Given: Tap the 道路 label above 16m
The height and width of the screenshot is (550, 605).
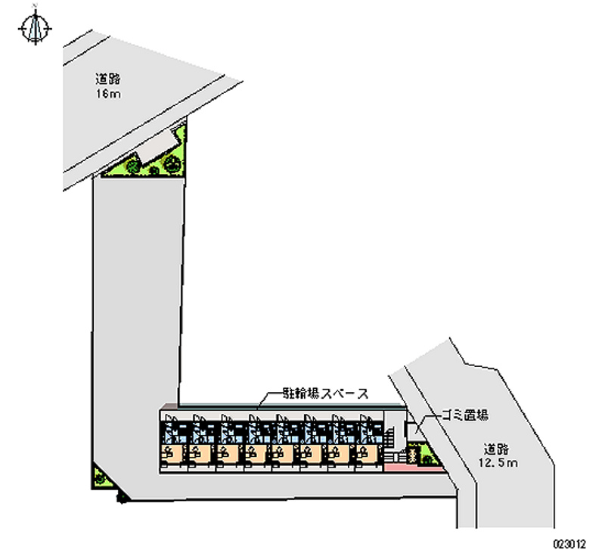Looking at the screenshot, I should [108, 78].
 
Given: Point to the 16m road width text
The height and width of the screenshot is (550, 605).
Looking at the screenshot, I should [108, 93].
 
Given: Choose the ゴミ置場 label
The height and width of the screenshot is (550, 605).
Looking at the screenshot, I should [464, 415].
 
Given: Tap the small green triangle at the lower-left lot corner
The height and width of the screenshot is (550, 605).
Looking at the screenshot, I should [99, 477].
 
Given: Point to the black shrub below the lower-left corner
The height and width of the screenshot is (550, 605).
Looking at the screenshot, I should [119, 499].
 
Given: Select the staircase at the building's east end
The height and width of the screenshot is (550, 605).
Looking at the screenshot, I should [390, 439].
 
